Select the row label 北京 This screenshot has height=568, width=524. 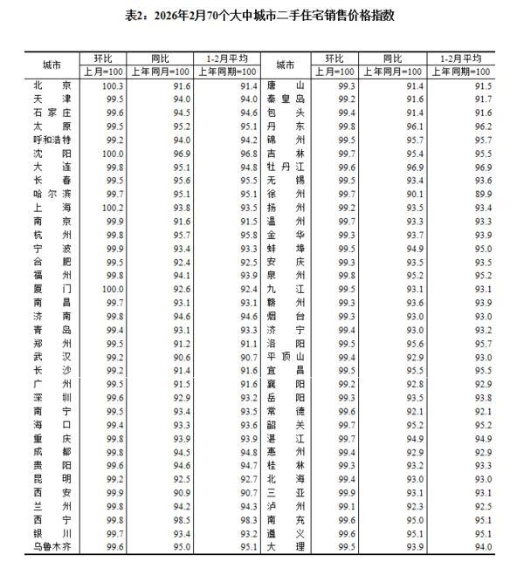pyautogui.click(x=52, y=86)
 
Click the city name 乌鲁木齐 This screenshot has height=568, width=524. pyautogui.click(x=52, y=547)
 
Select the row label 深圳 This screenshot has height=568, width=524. pyautogui.click(x=52, y=398)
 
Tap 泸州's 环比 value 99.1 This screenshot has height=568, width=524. pyautogui.click(x=347, y=506)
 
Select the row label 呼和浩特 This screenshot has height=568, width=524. pyautogui.click(x=52, y=140)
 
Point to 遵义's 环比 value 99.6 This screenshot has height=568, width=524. pyautogui.click(x=347, y=533)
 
